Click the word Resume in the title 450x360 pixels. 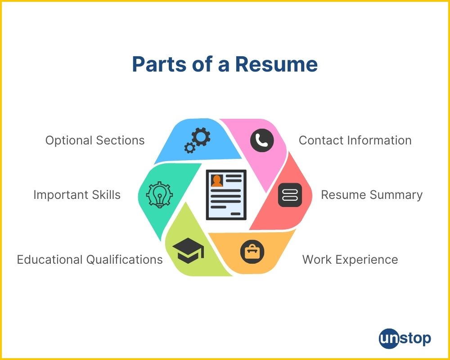pyautogui.click(x=276, y=64)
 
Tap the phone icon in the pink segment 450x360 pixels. pyautogui.click(x=262, y=140)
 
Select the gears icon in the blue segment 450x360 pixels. pyautogui.click(x=197, y=139)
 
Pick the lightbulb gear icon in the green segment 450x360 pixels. pyautogui.click(x=159, y=195)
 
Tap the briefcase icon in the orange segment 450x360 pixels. pyautogui.click(x=252, y=252)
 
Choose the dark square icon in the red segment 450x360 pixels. pyautogui.click(x=290, y=195)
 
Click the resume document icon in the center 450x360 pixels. pyautogui.click(x=226, y=194)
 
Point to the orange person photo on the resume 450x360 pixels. pyautogui.click(x=217, y=180)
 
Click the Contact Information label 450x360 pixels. pyautogui.click(x=355, y=140)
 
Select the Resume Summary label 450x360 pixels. pyautogui.click(x=372, y=195)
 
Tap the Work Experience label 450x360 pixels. pyautogui.click(x=350, y=260)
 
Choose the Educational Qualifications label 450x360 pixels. pyautogui.click(x=90, y=260)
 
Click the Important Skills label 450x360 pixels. pyautogui.click(x=77, y=195)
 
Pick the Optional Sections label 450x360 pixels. pyautogui.click(x=95, y=140)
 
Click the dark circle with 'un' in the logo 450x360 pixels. pyautogui.click(x=389, y=338)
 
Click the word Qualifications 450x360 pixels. pyautogui.click(x=124, y=260)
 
